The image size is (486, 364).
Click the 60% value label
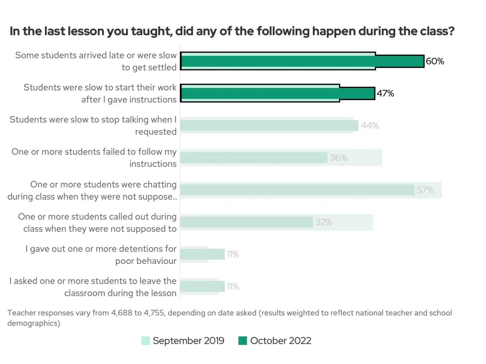[x=435, y=61]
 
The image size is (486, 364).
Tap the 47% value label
[x=385, y=93]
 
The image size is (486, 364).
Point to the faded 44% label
[x=370, y=126]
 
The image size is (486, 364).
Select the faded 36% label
[x=339, y=158]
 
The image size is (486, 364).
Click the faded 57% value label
[x=425, y=190]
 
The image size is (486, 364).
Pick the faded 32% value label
[x=324, y=222]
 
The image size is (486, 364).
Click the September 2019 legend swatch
[x=145, y=341]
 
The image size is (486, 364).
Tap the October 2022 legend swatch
[x=242, y=341]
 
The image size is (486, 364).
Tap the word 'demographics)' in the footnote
[x=34, y=323]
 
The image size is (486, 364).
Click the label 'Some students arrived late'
[x=96, y=61]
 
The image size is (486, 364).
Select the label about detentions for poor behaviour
[x=101, y=255]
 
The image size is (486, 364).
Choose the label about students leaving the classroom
[x=93, y=287]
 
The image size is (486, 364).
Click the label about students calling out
[x=97, y=222]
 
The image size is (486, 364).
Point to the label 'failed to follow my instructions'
[x=94, y=158]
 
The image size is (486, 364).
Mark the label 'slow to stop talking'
[x=93, y=125]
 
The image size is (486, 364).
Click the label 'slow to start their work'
[x=100, y=93]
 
